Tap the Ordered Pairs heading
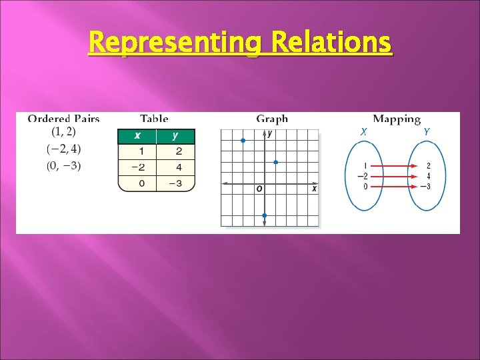click(x=63, y=119)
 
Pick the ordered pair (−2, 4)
click(x=64, y=148)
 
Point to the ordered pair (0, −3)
click(x=64, y=166)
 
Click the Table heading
click(x=154, y=119)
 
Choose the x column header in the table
click(x=137, y=136)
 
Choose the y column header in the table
click(x=175, y=136)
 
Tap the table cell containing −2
click(x=137, y=167)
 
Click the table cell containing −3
click(x=175, y=183)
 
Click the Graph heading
click(x=272, y=119)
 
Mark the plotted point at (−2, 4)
click(x=243, y=141)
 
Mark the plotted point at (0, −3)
click(x=265, y=215)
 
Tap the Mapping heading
click(x=397, y=119)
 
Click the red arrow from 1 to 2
click(x=397, y=165)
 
